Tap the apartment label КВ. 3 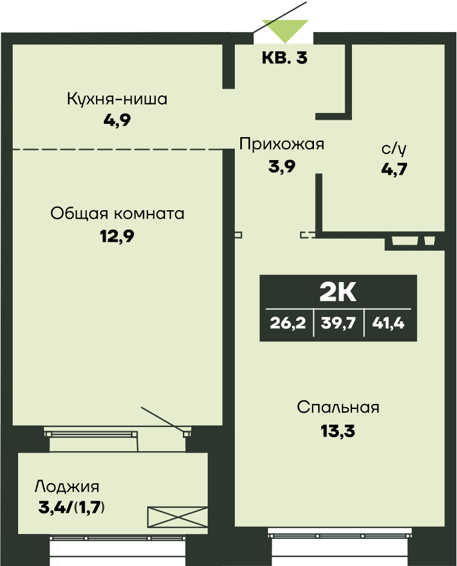(284, 59)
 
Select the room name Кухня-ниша (117, 98)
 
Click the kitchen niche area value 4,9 (117, 119)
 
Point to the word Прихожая (282, 144)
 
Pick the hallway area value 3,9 (282, 167)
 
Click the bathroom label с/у (394, 149)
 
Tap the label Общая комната (117, 213)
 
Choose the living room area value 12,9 (117, 236)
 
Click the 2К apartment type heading (338, 293)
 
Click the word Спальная (338, 407)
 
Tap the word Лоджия (67, 486)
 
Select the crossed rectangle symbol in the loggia (177, 517)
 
